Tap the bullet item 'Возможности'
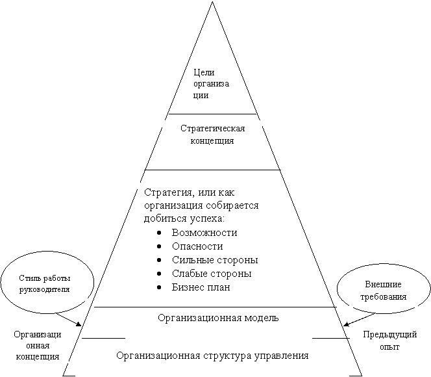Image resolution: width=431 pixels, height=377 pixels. click(204, 233)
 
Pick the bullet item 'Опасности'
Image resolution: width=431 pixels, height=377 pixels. click(197, 246)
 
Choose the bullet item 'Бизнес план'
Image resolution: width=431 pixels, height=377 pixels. click(201, 287)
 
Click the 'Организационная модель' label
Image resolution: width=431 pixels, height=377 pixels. click(218, 318)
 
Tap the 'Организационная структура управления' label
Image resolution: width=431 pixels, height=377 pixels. click(212, 356)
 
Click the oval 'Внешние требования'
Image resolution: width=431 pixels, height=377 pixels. click(383, 291)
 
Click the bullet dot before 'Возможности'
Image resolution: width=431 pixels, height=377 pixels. click(160, 233)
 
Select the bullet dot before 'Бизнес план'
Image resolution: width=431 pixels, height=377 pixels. click(160, 287)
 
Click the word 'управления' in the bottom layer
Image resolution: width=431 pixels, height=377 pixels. click(282, 356)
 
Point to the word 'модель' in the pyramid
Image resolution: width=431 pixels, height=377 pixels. click(262, 318)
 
